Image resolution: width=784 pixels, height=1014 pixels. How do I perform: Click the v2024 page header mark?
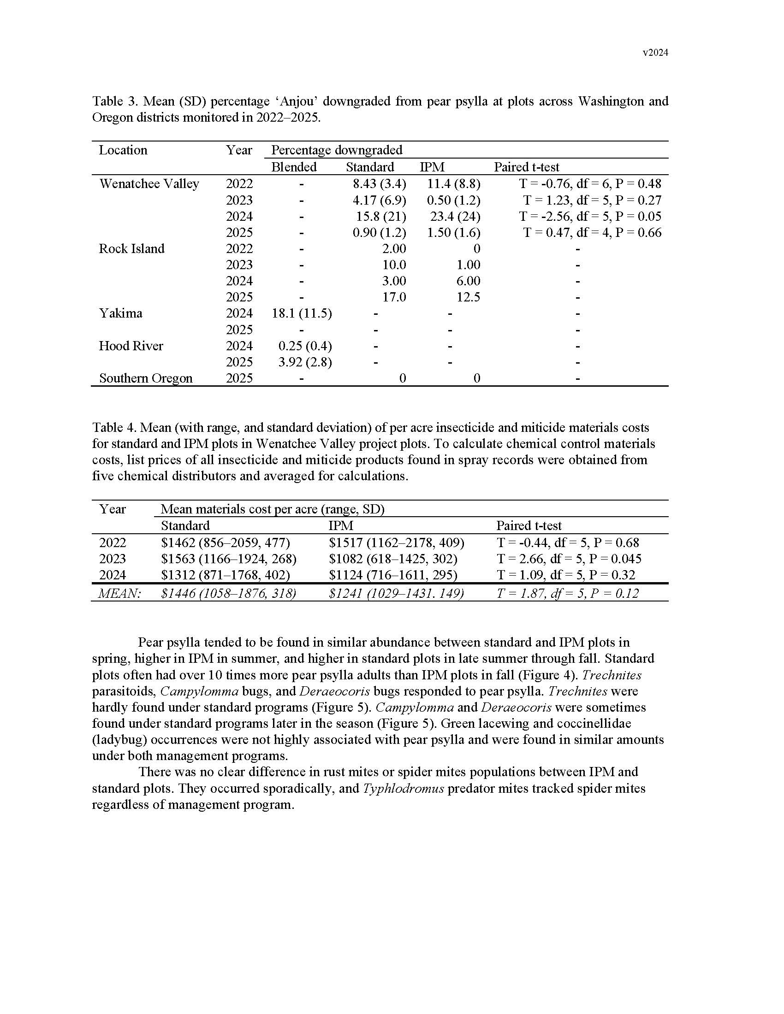point(655,53)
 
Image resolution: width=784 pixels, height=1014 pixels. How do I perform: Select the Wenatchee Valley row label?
point(149,184)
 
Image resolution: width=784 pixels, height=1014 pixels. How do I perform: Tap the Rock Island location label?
point(131,249)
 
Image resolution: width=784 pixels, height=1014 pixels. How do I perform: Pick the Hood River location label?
point(131,346)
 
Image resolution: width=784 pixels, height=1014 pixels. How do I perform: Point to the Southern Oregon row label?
point(145,378)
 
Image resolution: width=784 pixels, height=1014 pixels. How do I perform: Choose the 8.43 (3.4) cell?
point(379,184)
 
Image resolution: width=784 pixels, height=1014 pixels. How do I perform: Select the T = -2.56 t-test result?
point(590,216)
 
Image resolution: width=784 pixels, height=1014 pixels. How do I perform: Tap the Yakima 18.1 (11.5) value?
point(302,313)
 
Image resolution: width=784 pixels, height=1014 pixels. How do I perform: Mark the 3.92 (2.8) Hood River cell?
point(305,362)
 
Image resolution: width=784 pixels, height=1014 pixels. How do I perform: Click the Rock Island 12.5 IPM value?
point(468,297)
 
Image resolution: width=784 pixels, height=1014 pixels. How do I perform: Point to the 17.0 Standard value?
point(394,297)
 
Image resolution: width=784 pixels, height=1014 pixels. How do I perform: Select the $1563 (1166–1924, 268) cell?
point(228,559)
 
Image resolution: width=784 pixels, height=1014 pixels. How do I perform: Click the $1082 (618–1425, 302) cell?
point(393,559)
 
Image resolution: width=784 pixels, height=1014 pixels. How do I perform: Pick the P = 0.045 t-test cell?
point(569,559)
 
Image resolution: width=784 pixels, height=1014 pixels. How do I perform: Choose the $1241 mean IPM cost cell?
point(396,593)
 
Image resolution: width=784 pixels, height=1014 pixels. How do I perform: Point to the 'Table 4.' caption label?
point(114,428)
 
